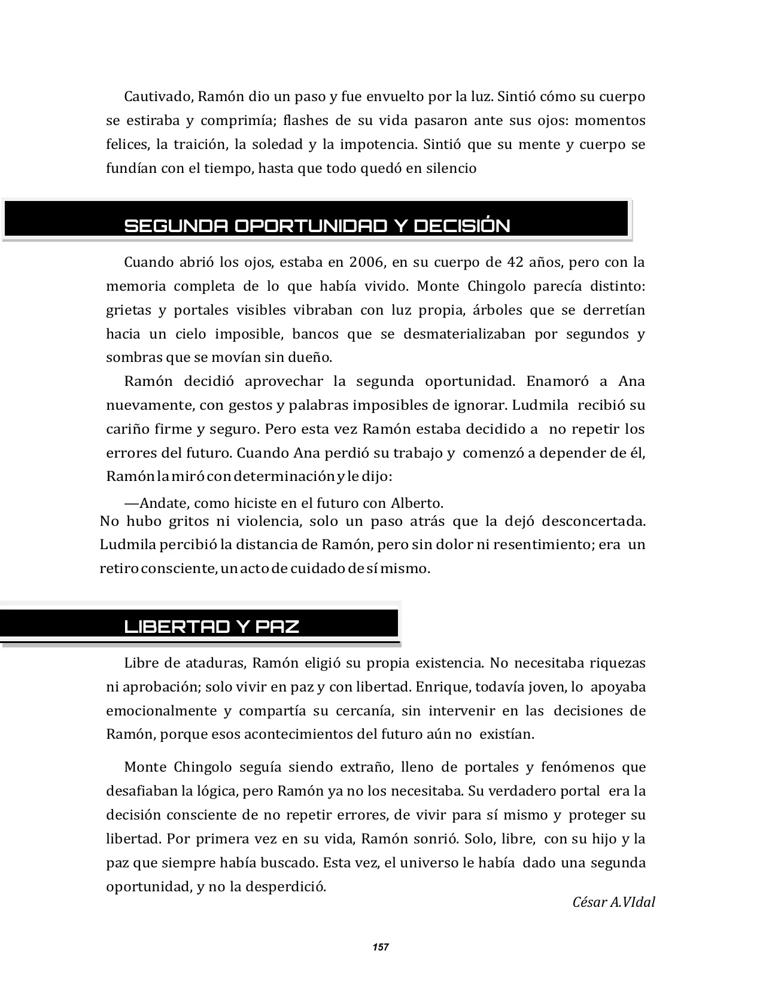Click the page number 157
[x=381, y=947]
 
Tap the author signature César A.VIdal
[x=613, y=902]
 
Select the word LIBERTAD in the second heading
[x=177, y=626]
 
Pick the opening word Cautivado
[x=157, y=96]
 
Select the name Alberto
[x=417, y=502]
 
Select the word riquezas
[x=618, y=663]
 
